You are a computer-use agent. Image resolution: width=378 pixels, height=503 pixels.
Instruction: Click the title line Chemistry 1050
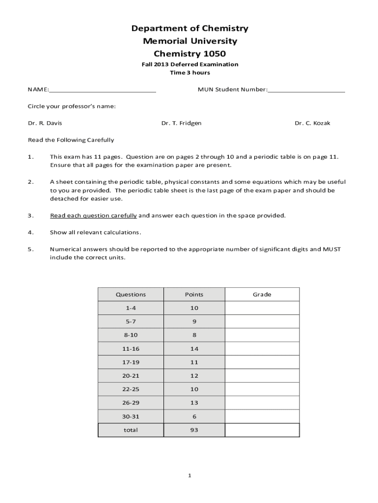coord(189,54)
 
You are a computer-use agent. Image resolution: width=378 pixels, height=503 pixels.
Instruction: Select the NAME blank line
coord(103,91)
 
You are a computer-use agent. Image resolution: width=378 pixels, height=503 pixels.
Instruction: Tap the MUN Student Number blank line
coord(306,91)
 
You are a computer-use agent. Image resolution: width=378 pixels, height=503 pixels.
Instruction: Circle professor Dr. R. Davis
coord(45,123)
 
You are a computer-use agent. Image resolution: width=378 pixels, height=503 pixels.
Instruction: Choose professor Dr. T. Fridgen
coord(181,123)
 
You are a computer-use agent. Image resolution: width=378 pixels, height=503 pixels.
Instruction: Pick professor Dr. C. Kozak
coord(312,123)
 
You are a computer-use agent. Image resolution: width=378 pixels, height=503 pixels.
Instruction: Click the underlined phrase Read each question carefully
coord(93,216)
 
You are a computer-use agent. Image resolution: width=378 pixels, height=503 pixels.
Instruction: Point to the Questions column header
coord(131,295)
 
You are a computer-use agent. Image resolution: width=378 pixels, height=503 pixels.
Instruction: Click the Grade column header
coord(262,295)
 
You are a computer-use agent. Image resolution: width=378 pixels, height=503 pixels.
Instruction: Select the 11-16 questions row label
coord(131,349)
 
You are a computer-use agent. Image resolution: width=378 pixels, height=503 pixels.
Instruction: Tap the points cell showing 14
coord(194,349)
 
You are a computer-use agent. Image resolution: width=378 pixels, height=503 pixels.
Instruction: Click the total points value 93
coord(194,430)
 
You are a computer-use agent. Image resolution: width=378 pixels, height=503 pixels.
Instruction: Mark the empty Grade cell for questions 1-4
coord(262,308)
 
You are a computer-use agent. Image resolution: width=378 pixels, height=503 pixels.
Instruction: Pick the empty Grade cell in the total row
coord(262,430)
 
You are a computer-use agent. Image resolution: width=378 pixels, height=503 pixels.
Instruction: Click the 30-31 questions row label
coord(131,416)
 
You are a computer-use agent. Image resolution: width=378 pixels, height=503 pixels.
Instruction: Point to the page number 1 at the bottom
coord(189,476)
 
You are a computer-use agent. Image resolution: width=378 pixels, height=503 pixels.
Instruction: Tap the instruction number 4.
coord(30,232)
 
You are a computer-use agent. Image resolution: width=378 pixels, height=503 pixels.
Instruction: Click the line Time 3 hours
coord(189,73)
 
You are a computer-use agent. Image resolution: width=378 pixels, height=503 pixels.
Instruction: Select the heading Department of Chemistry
coord(189,28)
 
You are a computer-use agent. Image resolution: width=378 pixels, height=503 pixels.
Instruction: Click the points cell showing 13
coord(194,403)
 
